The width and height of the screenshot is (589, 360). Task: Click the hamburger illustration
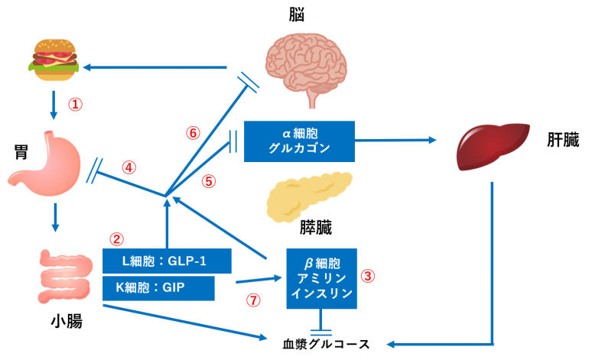click(54, 60)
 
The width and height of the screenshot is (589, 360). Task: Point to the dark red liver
click(492, 146)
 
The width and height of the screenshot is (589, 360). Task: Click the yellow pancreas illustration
click(308, 196)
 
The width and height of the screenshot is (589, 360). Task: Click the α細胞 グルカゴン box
click(299, 141)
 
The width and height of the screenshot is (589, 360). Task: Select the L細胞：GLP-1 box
click(167, 261)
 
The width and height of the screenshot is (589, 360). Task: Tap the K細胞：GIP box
click(158, 289)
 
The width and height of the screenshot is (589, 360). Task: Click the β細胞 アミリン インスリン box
click(321, 279)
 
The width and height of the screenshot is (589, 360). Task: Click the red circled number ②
click(116, 239)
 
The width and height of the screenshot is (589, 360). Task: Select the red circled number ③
click(368, 276)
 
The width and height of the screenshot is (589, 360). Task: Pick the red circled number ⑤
click(208, 181)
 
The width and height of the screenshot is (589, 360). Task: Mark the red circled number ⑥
click(193, 132)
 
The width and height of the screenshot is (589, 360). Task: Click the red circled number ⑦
click(253, 300)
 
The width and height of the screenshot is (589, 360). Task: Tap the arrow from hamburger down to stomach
click(54, 105)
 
